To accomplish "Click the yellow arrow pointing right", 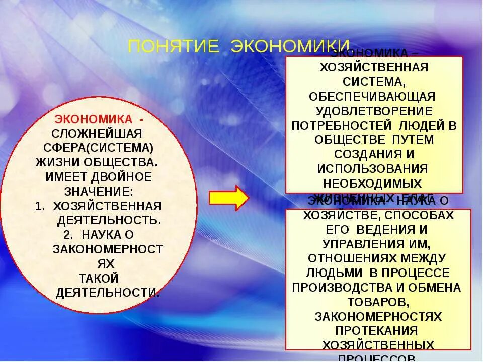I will [x=228, y=198].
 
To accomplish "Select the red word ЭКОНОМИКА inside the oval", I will [x=94, y=120].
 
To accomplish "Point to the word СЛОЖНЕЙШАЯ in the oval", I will [x=97, y=134].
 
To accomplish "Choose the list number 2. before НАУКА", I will [x=69, y=235].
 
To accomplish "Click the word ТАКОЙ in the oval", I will [x=99, y=278].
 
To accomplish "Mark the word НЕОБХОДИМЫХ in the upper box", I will [x=373, y=183].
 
